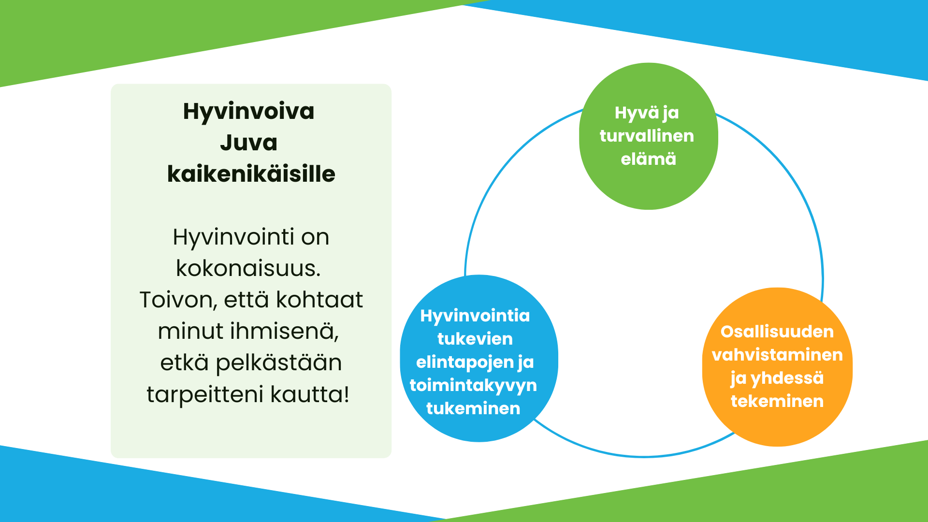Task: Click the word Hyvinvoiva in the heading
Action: pyautogui.click(x=248, y=112)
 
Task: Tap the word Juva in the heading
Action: pyautogui.click(x=248, y=143)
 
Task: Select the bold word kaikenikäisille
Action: pyautogui.click(x=251, y=174)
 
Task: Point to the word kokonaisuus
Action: pyautogui.click(x=248, y=269)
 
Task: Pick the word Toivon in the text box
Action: pyautogui.click(x=177, y=300)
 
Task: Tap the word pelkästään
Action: pyautogui.click(x=278, y=363)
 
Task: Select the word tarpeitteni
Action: pyautogui.click(x=205, y=394)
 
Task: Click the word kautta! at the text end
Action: pyautogui.click(x=310, y=394)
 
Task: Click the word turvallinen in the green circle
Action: pyautogui.click(x=647, y=136)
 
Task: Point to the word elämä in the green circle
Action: pyautogui.click(x=648, y=159)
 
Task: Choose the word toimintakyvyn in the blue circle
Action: pyautogui.click(x=473, y=385)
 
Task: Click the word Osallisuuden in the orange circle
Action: pyautogui.click(x=777, y=332)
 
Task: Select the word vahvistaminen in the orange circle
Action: pyautogui.click(x=777, y=355)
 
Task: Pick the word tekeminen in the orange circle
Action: pyautogui.click(x=777, y=401)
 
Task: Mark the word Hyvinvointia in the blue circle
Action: pyautogui.click(x=475, y=316)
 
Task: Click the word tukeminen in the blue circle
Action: pyautogui.click(x=473, y=408)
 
